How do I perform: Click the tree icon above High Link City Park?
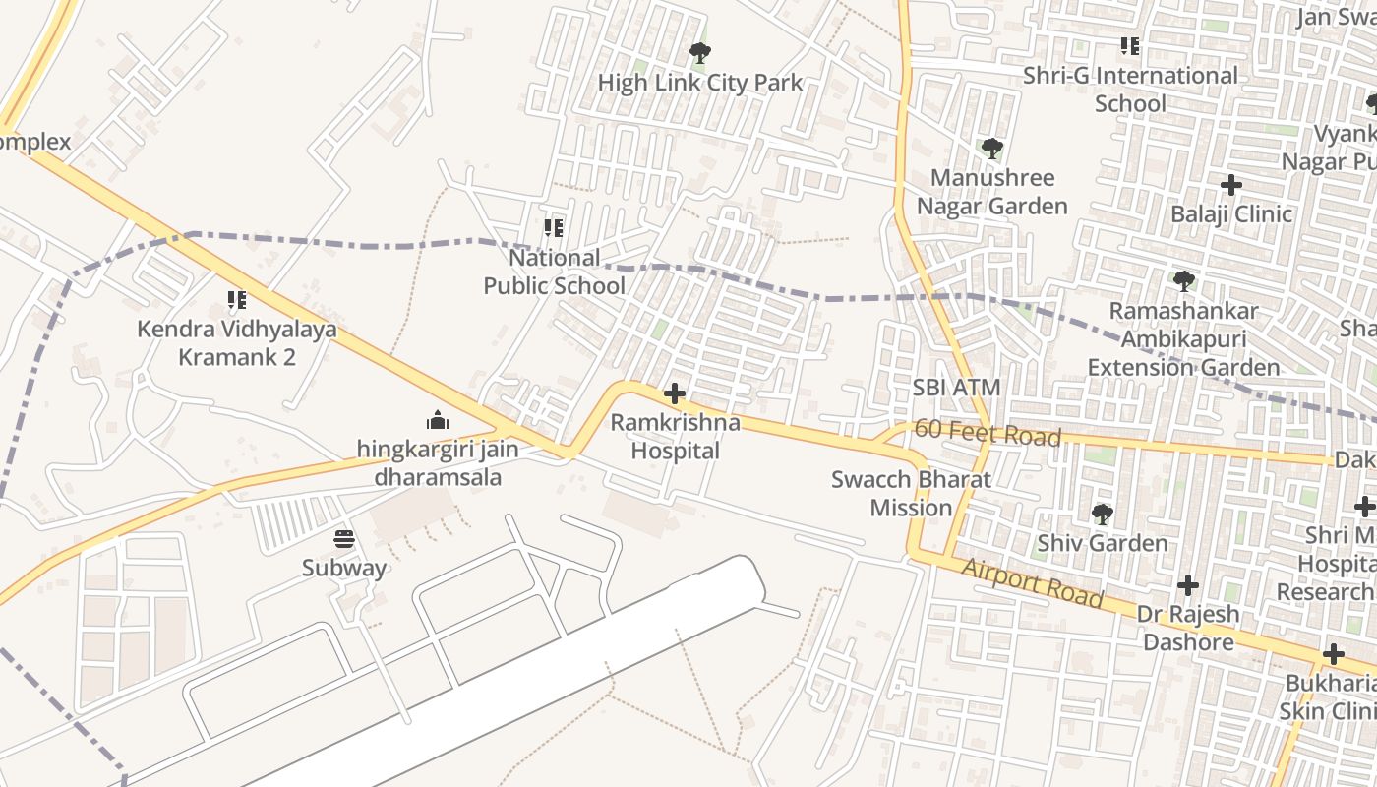coord(700,53)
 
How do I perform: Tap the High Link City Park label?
coord(700,83)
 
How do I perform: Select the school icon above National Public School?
coord(554,228)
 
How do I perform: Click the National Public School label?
coord(554,272)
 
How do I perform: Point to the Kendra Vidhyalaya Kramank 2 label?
coord(237,342)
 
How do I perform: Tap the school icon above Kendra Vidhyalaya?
coord(236,299)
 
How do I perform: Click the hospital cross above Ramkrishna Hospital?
coord(675,394)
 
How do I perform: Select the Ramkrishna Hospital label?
coord(676,437)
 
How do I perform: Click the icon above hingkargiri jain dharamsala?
coord(438,421)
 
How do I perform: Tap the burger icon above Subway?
coord(344,538)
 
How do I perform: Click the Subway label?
coord(344,568)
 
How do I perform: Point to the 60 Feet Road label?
coord(988,433)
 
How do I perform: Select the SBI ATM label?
coord(956,388)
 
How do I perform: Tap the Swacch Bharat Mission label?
coord(911,494)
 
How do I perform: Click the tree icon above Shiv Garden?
coord(1103,514)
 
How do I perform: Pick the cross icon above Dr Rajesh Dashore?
coord(1188,585)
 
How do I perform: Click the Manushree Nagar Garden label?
coord(991,192)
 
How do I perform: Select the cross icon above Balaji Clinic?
coord(1230,185)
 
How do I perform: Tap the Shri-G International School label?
coord(1130,89)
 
